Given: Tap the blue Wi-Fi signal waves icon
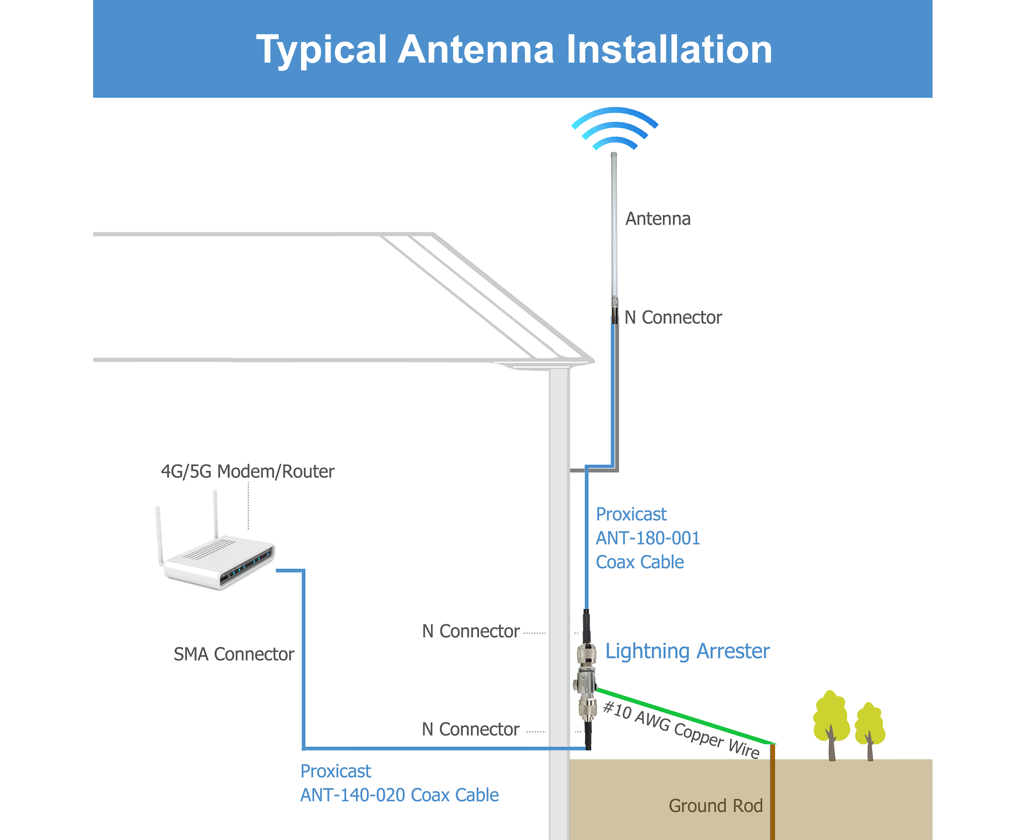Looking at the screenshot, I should pyautogui.click(x=614, y=129).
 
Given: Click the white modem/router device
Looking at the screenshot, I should pyautogui.click(x=218, y=556).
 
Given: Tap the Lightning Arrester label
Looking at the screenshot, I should pyautogui.click(x=687, y=651).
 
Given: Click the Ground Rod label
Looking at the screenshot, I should pyautogui.click(x=715, y=806).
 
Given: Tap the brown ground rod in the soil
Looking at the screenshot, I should pyautogui.click(x=772, y=798).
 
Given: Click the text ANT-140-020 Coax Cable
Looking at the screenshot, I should pyautogui.click(x=399, y=795).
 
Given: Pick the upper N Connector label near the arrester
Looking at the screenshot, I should pyautogui.click(x=471, y=631).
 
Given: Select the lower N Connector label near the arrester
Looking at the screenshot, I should pyautogui.click(x=471, y=729).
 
